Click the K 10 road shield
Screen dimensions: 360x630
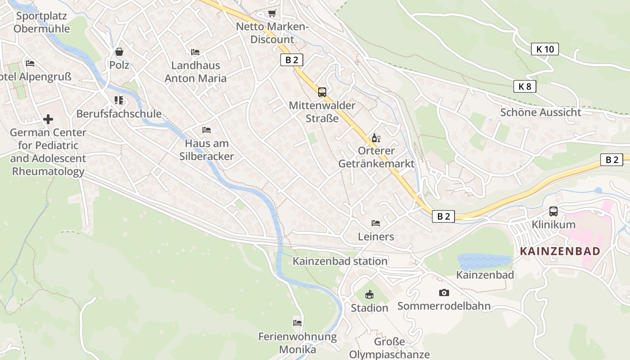coord(544,49)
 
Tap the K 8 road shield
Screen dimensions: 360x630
coord(525,86)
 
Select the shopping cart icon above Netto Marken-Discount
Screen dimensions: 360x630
coord(272,13)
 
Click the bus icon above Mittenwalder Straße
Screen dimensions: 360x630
coord(322,92)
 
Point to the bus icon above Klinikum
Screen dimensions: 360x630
coord(553,211)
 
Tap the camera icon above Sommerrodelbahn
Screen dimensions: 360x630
coord(444,293)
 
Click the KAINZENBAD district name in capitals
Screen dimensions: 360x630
coord(560,251)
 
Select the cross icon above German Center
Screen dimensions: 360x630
coord(48,119)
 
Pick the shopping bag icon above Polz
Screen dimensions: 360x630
coord(119,52)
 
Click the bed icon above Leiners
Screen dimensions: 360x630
coord(376,223)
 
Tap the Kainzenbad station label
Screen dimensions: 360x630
coord(340,261)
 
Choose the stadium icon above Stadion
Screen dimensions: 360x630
coord(369,295)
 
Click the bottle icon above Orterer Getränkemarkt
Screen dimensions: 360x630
coord(376,138)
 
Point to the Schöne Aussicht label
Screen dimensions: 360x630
coord(540,112)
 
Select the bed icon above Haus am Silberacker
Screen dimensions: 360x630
coord(207,130)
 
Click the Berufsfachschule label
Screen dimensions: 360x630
coord(119,113)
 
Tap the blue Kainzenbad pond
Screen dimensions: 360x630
coord(484,261)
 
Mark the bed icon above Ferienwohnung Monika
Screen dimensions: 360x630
coord(297,323)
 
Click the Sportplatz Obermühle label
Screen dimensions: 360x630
coord(41,22)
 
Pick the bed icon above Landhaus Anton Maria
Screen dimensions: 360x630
coord(195,52)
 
